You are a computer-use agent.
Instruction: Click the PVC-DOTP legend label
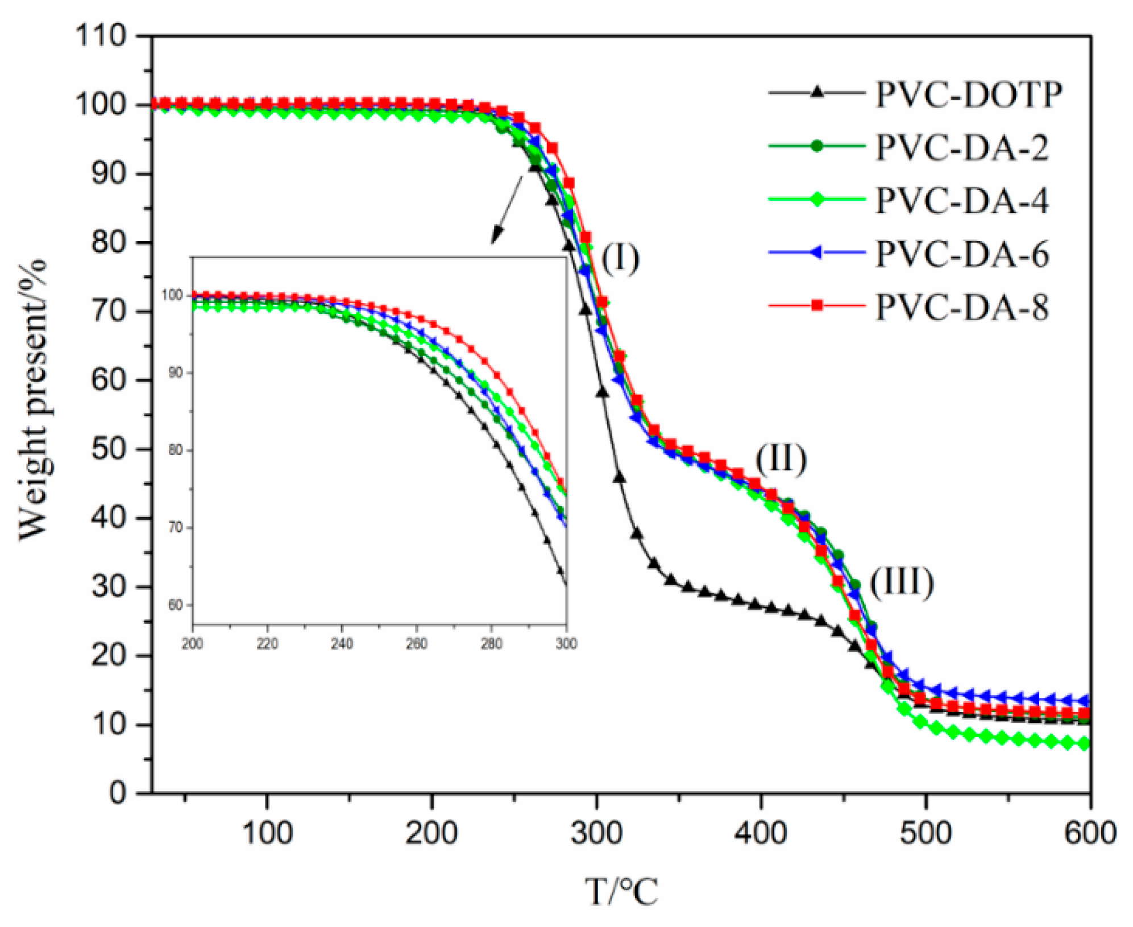[968, 94]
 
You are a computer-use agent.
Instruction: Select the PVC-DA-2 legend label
[962, 148]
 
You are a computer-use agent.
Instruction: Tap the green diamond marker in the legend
[817, 200]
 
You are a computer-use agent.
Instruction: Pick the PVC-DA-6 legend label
[962, 254]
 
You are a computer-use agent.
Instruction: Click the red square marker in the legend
[817, 306]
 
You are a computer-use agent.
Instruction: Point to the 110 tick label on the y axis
[101, 36]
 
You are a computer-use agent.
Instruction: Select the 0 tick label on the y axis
[118, 792]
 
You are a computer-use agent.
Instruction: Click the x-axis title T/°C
[621, 891]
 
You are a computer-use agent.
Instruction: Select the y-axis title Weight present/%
[32, 400]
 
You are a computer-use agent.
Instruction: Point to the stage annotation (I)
[620, 258]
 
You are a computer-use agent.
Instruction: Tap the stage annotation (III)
[902, 582]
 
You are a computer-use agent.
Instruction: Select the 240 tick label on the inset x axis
[342, 644]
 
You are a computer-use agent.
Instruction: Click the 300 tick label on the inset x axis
[566, 644]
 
